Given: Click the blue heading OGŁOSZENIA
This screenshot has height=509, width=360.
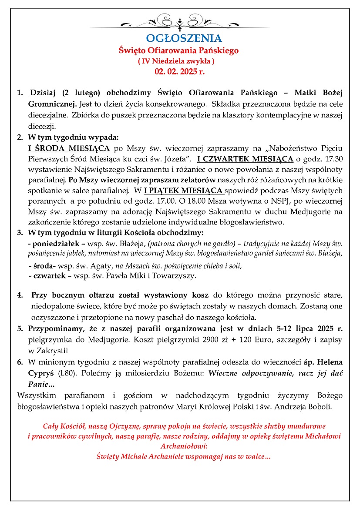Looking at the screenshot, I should coord(179,38).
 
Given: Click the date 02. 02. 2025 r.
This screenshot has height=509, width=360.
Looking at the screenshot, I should coord(179,72).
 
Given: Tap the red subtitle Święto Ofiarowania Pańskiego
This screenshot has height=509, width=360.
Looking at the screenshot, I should coord(179,50).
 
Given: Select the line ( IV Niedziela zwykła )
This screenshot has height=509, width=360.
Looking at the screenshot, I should coord(176,61).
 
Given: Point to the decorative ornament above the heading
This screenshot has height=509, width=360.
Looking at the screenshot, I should coord(179,21).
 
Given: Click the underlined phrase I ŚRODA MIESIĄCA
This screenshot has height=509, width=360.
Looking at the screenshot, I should coord(69,147).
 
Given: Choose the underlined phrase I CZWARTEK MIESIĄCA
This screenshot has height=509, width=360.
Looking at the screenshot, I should coord(245,158).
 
